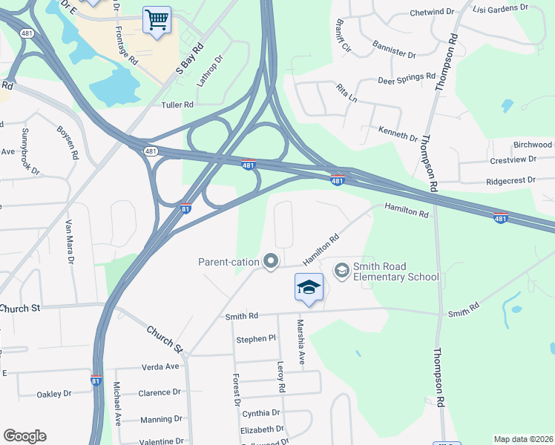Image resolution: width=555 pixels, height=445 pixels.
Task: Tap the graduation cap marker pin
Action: [309, 287]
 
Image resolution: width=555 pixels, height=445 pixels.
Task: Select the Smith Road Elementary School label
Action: [396, 271]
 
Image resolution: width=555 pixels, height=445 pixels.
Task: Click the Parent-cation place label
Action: [229, 261]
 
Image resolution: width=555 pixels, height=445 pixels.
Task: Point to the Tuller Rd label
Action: [177, 105]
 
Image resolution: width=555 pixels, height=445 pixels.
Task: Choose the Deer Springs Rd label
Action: [407, 77]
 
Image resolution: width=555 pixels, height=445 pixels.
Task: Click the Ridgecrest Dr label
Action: [510, 180]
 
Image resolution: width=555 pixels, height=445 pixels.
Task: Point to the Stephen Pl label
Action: [256, 339]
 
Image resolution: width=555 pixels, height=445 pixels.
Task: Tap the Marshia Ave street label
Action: [301, 342]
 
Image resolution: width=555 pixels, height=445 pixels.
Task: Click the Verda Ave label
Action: [160, 366]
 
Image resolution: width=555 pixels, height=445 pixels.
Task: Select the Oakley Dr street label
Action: [55, 394]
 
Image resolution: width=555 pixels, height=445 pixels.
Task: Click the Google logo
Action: [24, 436]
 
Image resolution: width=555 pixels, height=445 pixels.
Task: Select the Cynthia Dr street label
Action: [260, 412]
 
